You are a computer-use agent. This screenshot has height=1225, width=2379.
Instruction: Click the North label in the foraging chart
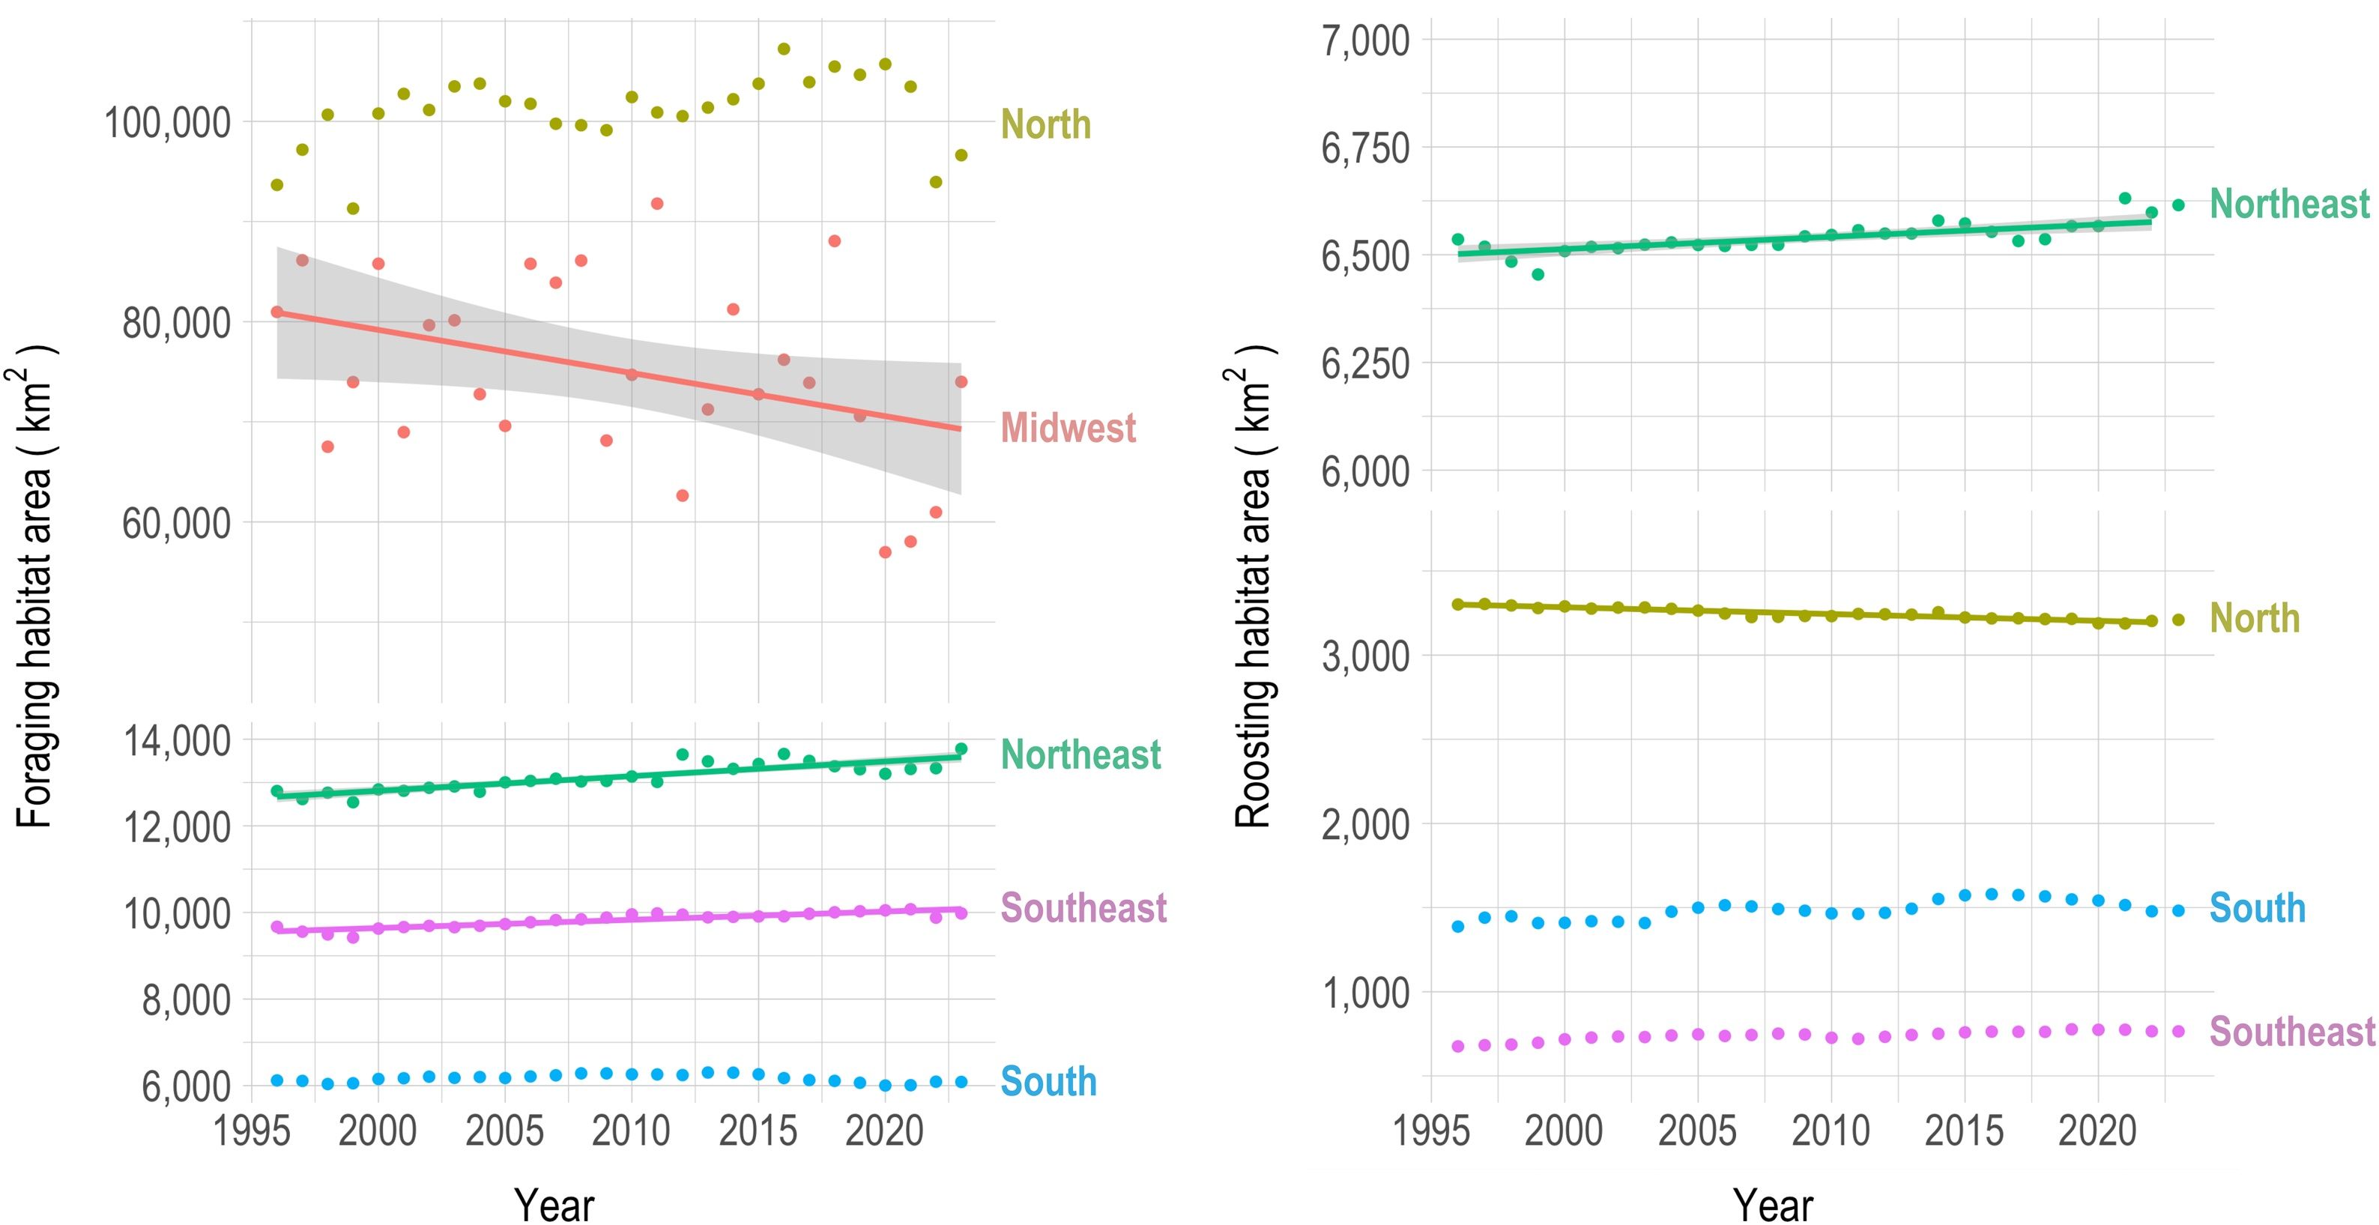[x=1045, y=124]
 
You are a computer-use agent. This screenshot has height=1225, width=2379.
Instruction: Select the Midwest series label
[x=1068, y=429]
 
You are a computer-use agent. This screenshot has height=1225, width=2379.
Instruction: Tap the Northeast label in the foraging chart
[x=1080, y=755]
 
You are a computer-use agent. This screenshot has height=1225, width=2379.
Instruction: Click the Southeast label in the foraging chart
[x=1083, y=908]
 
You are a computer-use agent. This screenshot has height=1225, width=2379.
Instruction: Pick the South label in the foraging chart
[x=1048, y=1082]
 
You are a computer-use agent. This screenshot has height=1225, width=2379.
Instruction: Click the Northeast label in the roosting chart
[x=2289, y=204]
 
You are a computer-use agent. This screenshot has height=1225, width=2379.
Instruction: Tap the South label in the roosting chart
[x=2257, y=908]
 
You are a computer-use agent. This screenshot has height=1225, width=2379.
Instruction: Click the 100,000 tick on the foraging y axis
[x=167, y=123]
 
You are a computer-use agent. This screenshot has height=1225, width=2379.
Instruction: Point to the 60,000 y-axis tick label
[x=175, y=524]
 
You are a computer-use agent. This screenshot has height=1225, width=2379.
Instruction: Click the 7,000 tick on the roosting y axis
[x=1365, y=40]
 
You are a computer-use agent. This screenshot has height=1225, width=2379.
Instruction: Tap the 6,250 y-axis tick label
[x=1365, y=363]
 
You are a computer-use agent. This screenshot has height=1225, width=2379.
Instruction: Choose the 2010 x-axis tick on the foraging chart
[x=631, y=1131]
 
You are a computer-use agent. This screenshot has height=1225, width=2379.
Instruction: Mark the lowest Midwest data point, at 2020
[x=885, y=552]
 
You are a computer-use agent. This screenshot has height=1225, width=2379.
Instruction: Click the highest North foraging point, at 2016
[x=783, y=49]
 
